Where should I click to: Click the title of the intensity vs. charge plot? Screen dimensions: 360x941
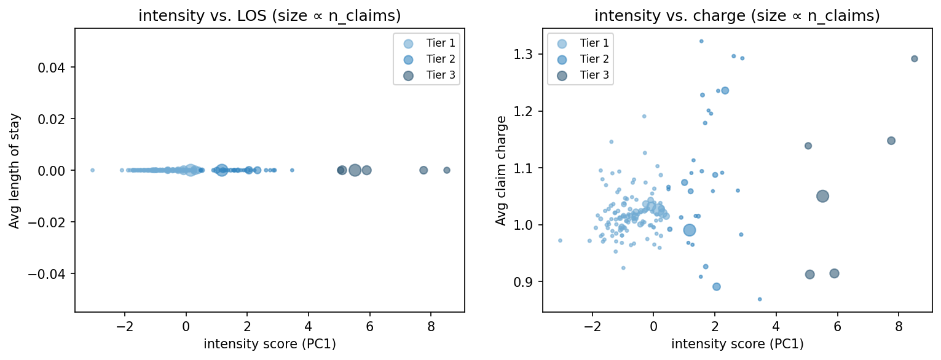737,17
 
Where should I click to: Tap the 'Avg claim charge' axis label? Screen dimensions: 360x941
501,170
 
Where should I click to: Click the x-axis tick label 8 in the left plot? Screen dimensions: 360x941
430,324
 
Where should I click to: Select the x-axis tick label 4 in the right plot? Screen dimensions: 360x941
776,324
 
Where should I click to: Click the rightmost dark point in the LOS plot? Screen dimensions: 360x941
447,170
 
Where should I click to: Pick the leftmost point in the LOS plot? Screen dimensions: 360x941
92,170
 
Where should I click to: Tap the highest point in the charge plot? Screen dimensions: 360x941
701,41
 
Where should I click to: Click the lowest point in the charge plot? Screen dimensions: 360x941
760,299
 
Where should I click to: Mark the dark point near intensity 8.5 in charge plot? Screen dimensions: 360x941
914,59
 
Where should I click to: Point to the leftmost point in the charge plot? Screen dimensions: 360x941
560,240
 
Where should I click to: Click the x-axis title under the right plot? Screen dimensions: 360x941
737,345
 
